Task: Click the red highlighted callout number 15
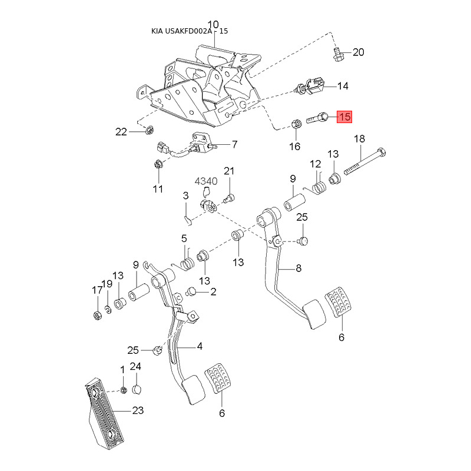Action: [344, 117]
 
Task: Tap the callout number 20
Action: [358, 52]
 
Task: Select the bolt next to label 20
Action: [339, 55]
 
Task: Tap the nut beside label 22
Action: [150, 130]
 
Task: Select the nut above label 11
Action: [158, 164]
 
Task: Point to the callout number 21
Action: [229, 171]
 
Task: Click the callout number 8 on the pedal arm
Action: [298, 268]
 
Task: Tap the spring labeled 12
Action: [319, 188]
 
